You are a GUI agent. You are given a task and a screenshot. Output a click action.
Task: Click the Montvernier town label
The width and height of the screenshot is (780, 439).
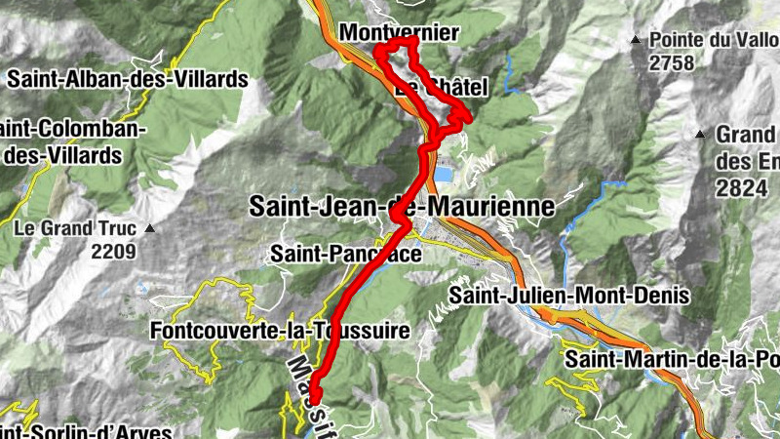pyautogui.click(x=398, y=33)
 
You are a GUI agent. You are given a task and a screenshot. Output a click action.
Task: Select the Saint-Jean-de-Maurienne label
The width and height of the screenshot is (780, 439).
pyautogui.click(x=402, y=206)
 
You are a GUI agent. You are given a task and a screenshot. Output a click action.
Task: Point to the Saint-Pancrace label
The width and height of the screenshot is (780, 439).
pyautogui.click(x=346, y=255)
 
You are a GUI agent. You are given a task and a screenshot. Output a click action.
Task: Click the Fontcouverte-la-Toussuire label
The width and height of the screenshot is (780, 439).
pyautogui.click(x=280, y=331)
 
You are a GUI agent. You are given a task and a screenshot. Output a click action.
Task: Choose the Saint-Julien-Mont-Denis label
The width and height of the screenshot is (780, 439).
pyautogui.click(x=569, y=294)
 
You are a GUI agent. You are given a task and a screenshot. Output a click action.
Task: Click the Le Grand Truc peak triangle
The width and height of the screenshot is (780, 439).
pyautogui.click(x=150, y=229)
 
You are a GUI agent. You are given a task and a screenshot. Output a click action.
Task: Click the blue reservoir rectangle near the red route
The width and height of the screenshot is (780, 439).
pyautogui.click(x=444, y=174)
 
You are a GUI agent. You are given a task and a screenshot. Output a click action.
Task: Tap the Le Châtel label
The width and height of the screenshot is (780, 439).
pyautogui.click(x=442, y=88)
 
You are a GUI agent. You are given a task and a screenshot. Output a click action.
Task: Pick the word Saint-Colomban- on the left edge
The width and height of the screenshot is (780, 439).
pyautogui.click(x=68, y=130)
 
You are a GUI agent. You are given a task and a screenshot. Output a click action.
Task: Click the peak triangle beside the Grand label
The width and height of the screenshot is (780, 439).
pyautogui.click(x=700, y=134)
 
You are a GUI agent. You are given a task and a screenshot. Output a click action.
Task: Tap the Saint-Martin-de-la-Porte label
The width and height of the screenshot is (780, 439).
pyautogui.click(x=673, y=359)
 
